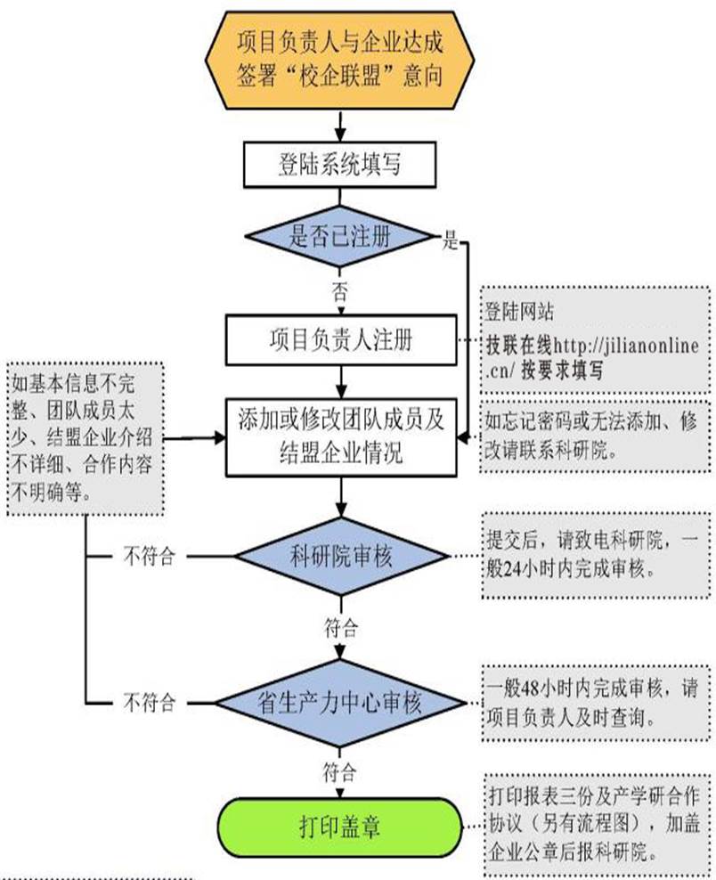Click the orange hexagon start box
pyautogui.click(x=340, y=54)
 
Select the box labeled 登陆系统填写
pyautogui.click(x=341, y=165)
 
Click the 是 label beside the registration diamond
pyautogui.click(x=451, y=240)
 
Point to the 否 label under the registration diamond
pyautogui.click(x=339, y=289)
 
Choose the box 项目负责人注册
pyautogui.click(x=341, y=339)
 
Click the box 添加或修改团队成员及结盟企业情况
pyautogui.click(x=341, y=436)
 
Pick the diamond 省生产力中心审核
pyautogui.click(x=341, y=703)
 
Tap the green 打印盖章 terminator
pyautogui.click(x=341, y=826)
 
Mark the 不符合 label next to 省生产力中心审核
pyautogui.click(x=148, y=703)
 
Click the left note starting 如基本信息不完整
pyautogui.click(x=84, y=436)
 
